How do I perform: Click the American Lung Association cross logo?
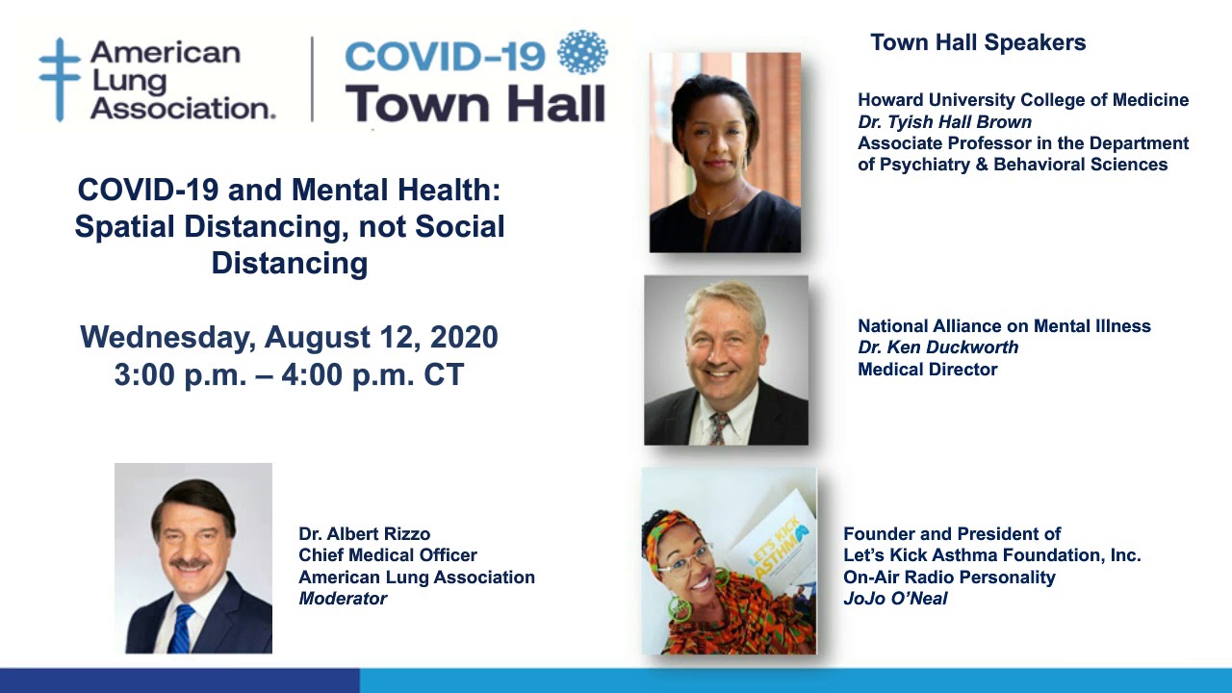(59, 79)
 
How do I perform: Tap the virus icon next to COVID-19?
(583, 52)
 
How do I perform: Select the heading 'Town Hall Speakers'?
(978, 42)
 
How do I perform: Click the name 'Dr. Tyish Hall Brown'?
(944, 122)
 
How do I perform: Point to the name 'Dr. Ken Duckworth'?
(937, 347)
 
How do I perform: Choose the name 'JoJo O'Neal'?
(895, 599)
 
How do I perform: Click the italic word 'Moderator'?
(343, 599)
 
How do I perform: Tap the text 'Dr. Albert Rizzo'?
(364, 533)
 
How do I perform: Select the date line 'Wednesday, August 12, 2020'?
(289, 337)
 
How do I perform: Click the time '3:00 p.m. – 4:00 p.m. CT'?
(289, 374)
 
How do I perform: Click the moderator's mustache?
(190, 561)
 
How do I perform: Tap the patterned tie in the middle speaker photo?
(718, 426)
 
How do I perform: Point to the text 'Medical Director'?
(927, 370)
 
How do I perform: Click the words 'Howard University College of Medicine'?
(1023, 100)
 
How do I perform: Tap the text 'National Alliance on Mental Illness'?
(1004, 326)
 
